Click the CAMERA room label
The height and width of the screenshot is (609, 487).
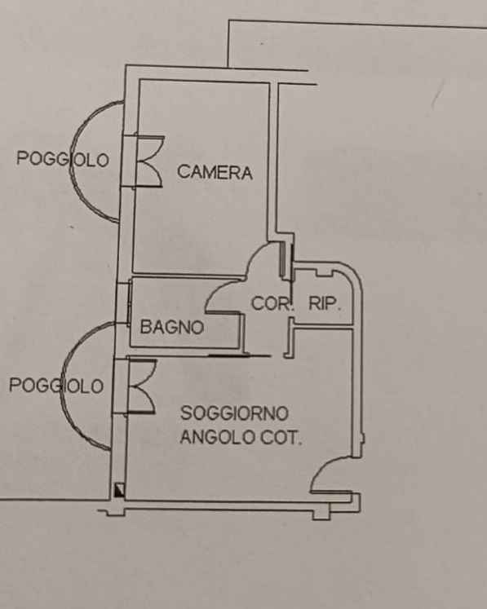[x=215, y=172]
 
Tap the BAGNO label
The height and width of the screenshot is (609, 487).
[x=172, y=327]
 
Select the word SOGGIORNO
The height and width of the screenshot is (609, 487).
[x=234, y=413]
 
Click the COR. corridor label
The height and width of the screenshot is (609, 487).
[x=272, y=303]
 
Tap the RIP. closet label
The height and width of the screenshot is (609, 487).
[x=325, y=303]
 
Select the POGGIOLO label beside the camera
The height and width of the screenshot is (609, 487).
[x=63, y=159]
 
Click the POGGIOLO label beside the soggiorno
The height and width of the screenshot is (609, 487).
[x=56, y=386]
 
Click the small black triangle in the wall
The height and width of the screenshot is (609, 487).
[x=120, y=490]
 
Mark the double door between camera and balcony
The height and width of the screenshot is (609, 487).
[x=149, y=161]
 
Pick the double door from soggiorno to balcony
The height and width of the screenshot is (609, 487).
[x=142, y=386]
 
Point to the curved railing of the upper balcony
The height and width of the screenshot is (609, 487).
[x=76, y=161]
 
